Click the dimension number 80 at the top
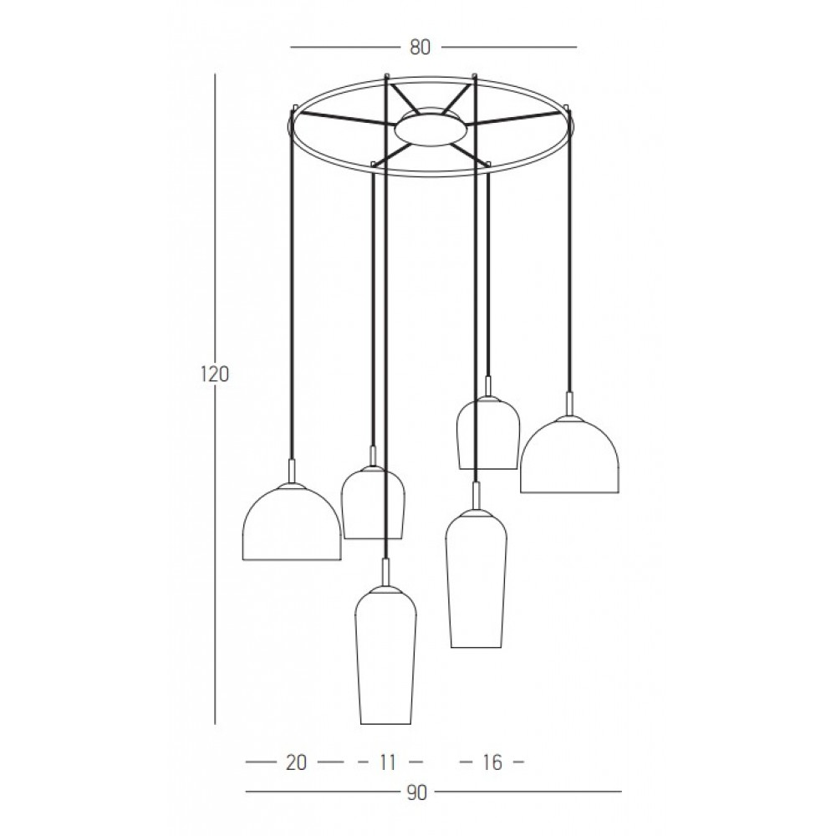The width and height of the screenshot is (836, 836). (x=420, y=48)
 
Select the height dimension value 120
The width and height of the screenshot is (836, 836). (x=215, y=375)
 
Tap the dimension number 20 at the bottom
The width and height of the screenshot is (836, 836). (x=297, y=763)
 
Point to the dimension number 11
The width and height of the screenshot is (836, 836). (x=388, y=763)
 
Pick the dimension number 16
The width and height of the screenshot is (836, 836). (x=492, y=763)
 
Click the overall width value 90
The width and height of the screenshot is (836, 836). (x=417, y=793)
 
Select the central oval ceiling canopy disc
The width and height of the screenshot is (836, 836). (x=431, y=130)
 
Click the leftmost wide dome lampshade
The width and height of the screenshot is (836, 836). (x=292, y=522)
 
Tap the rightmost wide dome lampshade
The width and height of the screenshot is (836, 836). (x=569, y=454)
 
